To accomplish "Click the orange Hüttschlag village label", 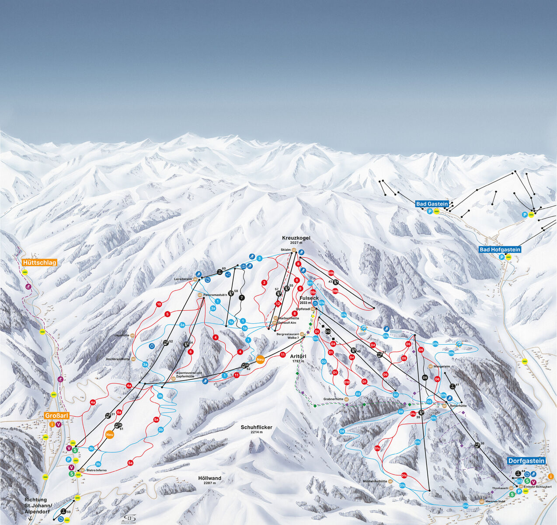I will click(39, 262).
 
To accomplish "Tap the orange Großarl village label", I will click(57, 416).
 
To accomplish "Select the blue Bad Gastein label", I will click(432, 204).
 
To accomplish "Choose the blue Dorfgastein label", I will click(526, 461).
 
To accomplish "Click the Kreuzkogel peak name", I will click(296, 238).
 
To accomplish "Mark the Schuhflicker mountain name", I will click(256, 427).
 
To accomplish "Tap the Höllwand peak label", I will click(209, 478).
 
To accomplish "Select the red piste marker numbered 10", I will click(159, 304).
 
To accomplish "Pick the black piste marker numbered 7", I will click(242, 297).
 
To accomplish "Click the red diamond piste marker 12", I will click(278, 303).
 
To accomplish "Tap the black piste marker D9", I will click(425, 377).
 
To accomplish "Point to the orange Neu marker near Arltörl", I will click(261, 360).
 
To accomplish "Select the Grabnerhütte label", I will click(333, 399).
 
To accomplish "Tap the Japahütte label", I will click(122, 335).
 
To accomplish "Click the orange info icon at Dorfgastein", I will click(551, 476).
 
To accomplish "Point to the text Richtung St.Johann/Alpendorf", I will click(38, 505).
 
